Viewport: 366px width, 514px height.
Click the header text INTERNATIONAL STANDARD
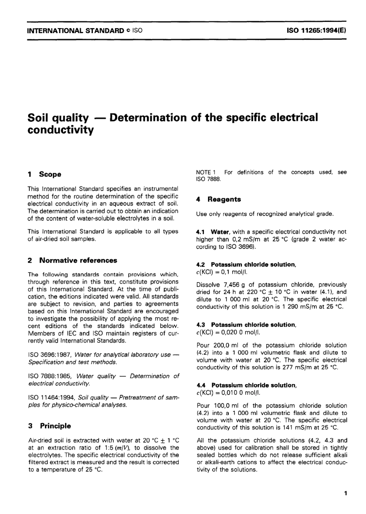coord(76,30)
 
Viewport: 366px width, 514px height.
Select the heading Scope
coord(50,174)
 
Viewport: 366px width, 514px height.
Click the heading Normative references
coord(78,260)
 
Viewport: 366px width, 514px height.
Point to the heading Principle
coord(55,426)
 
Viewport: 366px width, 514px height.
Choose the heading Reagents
coord(224,199)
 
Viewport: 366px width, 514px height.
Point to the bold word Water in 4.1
coord(220,232)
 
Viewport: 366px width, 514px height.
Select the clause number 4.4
coord(201,385)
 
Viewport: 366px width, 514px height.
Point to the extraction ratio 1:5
coord(107,448)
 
